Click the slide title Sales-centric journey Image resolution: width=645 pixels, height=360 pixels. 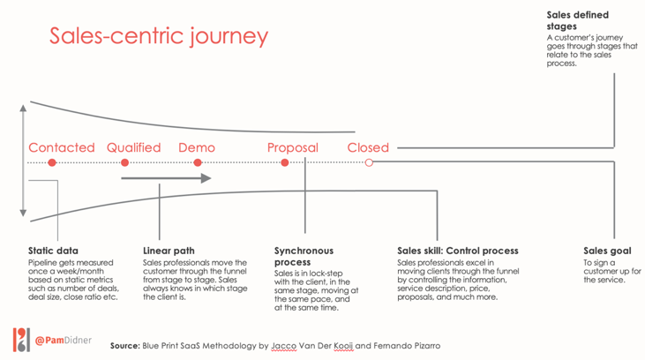click(159, 36)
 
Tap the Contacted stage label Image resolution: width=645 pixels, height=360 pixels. click(61, 147)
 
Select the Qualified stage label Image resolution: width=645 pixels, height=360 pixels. click(134, 147)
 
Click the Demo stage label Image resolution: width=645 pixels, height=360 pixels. click(197, 147)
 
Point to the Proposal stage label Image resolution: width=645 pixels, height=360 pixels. click(293, 147)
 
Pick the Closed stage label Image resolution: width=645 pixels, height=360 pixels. click(368, 147)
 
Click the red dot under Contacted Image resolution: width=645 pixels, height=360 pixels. click(52, 162)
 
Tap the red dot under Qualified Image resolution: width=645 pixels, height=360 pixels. click(124, 162)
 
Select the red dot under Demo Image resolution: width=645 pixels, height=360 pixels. click(198, 162)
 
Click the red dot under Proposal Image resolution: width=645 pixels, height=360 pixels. click(285, 162)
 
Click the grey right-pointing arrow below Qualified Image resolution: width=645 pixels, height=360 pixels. click(166, 178)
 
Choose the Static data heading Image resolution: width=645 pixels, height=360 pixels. click(53, 251)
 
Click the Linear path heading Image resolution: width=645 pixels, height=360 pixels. click(169, 251)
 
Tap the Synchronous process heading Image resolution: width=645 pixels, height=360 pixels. click(304, 256)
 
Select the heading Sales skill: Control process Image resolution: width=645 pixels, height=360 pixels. click(458, 251)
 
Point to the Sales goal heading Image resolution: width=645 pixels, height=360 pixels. click(607, 251)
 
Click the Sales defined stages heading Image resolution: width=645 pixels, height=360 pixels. click(578, 20)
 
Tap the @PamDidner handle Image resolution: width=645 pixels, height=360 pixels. click(64, 341)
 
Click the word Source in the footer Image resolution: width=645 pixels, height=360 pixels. click(125, 346)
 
